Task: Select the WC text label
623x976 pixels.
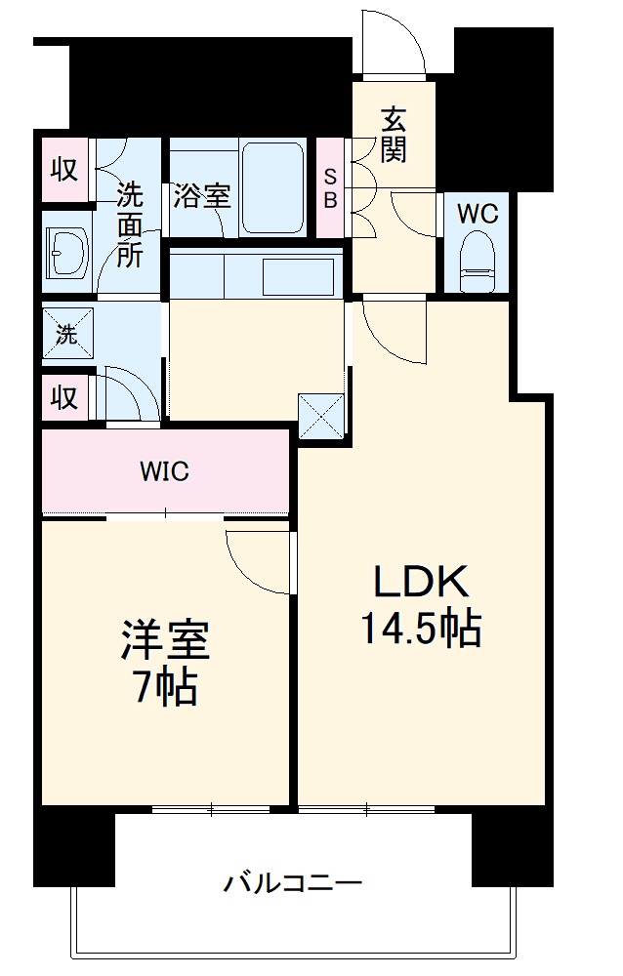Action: click(478, 213)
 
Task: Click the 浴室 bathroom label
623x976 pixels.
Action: click(202, 195)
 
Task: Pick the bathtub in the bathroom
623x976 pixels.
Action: click(274, 187)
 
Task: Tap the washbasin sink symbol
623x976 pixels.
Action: click(66, 256)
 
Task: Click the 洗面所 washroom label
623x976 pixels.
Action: click(130, 224)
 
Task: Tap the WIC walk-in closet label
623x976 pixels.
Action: click(164, 472)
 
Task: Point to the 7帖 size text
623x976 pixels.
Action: click(166, 689)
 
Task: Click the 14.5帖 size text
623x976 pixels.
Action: click(422, 630)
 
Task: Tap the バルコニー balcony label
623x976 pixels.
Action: click(293, 885)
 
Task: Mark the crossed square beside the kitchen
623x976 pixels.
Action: click(321, 414)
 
